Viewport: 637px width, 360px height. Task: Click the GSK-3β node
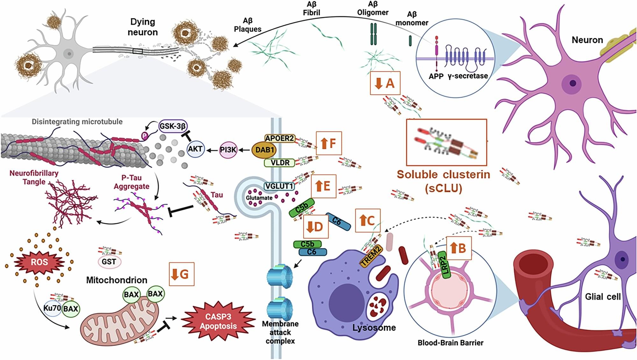pyautogui.click(x=172, y=126)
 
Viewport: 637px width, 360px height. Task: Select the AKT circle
pyautogui.click(x=195, y=149)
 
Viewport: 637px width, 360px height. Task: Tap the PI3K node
pyautogui.click(x=228, y=150)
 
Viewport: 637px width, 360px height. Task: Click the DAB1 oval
pyautogui.click(x=264, y=150)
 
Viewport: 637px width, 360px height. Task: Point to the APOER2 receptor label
pyautogui.click(x=279, y=138)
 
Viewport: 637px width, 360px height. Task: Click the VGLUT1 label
pyautogui.click(x=279, y=186)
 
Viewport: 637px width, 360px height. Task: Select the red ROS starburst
pyautogui.click(x=39, y=262)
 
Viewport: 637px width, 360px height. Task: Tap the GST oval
pyautogui.click(x=109, y=262)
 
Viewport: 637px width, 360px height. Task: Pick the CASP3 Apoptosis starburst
pyautogui.click(x=218, y=321)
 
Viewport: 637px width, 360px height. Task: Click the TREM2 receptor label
pyautogui.click(x=371, y=256)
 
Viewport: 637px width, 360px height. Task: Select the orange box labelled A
pyautogui.click(x=385, y=83)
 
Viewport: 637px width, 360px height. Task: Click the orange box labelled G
pyautogui.click(x=181, y=274)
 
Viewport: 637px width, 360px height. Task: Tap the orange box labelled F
pyautogui.click(x=329, y=143)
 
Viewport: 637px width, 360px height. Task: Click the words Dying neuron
pyautogui.click(x=142, y=27)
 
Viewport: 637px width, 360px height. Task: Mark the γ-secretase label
pyautogui.click(x=468, y=76)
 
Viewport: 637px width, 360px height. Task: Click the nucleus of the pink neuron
pyautogui.click(x=572, y=84)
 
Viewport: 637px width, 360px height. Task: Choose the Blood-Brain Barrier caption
pyautogui.click(x=450, y=343)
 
